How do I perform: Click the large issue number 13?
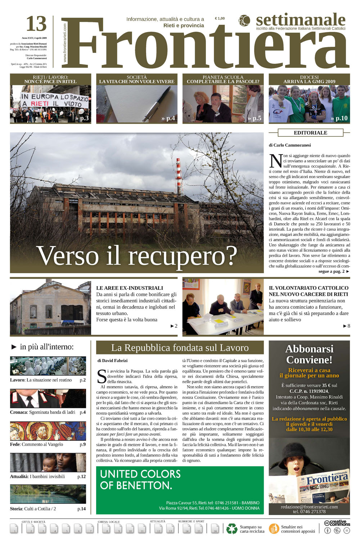pos(36,24)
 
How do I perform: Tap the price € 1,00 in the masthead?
pos(220,18)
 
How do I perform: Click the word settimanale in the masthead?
pos(301,20)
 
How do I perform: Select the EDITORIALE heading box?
pos(310,133)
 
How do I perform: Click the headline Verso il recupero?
pos(137,256)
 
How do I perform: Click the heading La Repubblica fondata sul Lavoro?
pos(180,348)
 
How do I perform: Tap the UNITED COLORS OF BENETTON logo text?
pos(140,479)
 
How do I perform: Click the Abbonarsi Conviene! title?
pos(309,354)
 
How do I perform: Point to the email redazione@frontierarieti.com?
pos(309,507)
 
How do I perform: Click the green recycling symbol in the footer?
pos(231,529)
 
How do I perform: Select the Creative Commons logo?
pos(337,523)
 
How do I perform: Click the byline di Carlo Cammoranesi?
pos(289,145)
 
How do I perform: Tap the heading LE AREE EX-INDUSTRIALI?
pos(130,288)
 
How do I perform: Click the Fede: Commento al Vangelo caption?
pos(37,445)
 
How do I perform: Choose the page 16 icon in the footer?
pos(215,529)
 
